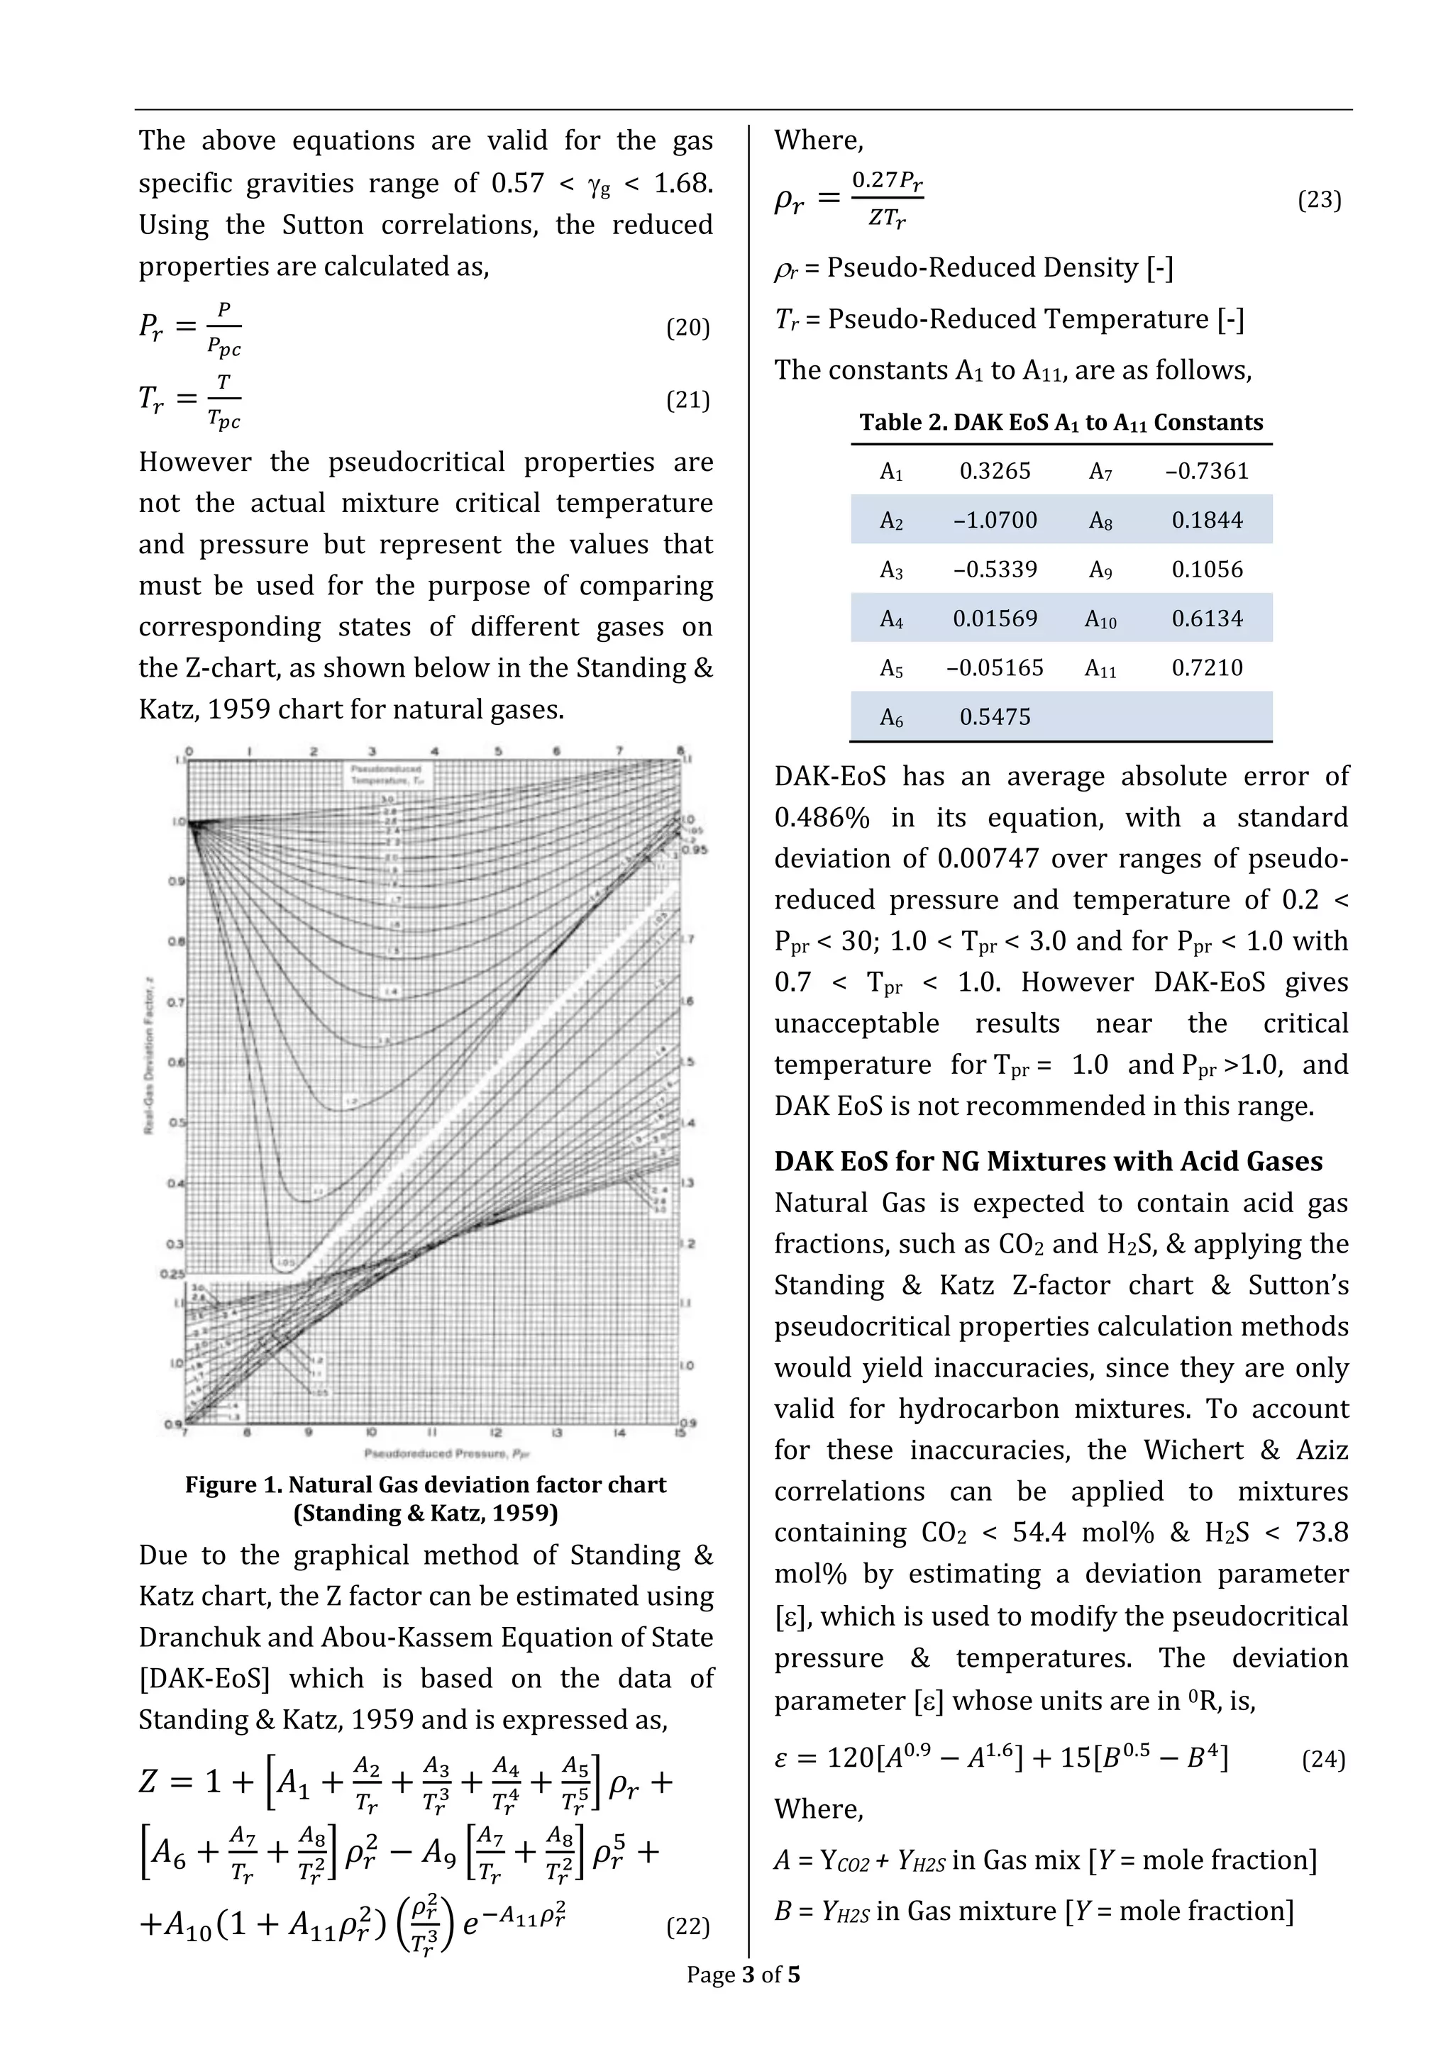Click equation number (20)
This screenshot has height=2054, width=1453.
(x=687, y=328)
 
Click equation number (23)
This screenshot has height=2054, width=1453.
(x=1319, y=199)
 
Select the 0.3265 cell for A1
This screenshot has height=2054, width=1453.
(x=994, y=470)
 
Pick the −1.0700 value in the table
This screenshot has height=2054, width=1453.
(x=994, y=520)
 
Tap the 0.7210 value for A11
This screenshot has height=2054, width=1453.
(x=1206, y=667)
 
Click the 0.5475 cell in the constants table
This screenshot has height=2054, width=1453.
(x=994, y=716)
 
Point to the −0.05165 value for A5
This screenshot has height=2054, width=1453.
(x=994, y=667)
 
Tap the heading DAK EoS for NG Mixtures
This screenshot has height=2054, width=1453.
(x=1048, y=1161)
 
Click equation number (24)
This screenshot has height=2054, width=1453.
(x=1322, y=1760)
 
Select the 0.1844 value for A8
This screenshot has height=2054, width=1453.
(x=1206, y=520)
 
